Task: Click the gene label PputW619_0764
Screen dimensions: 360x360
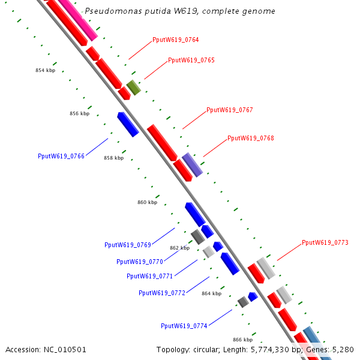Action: tap(176, 40)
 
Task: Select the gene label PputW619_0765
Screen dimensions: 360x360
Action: tap(191, 61)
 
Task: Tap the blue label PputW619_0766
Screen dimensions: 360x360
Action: tap(61, 157)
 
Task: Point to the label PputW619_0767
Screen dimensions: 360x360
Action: tap(230, 110)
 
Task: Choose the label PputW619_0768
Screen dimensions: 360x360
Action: tap(251, 138)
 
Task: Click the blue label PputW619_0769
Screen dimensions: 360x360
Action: tap(128, 245)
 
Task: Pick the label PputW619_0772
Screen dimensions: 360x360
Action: tap(162, 293)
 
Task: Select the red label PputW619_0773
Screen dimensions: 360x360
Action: tap(325, 242)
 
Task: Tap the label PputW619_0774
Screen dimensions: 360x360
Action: tap(184, 326)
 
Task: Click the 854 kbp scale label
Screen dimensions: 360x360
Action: tap(46, 70)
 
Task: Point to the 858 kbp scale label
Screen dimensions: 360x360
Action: tap(114, 158)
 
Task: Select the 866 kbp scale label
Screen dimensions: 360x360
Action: tap(242, 340)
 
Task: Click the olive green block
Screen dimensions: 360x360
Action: tap(134, 88)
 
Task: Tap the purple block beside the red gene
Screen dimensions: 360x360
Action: tap(193, 165)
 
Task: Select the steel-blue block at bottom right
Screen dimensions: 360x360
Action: tap(317, 342)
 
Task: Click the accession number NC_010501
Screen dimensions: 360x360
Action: tap(65, 350)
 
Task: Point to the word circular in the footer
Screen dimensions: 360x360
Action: tap(206, 350)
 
